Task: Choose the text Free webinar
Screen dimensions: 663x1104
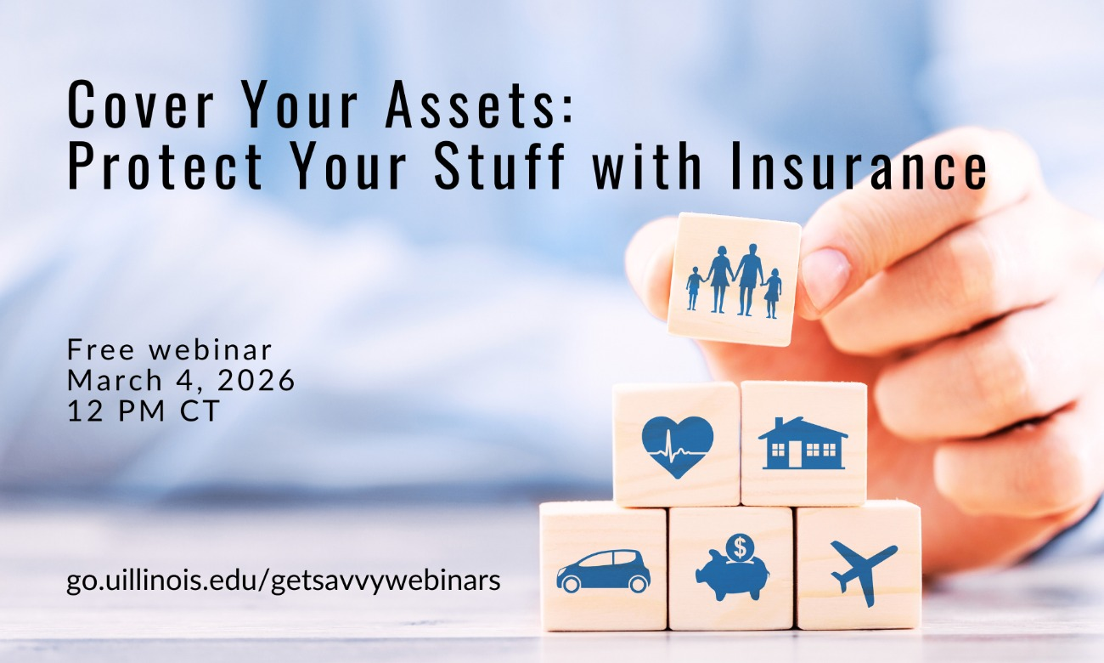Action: [170, 349]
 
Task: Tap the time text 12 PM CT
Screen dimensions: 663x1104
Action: [143, 411]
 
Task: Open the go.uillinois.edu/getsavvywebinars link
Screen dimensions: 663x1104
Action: [284, 581]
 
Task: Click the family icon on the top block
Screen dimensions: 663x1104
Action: [735, 280]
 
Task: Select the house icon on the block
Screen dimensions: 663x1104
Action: [803, 444]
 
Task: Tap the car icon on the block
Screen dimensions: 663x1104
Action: [603, 570]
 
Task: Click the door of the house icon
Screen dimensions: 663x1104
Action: [795, 454]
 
